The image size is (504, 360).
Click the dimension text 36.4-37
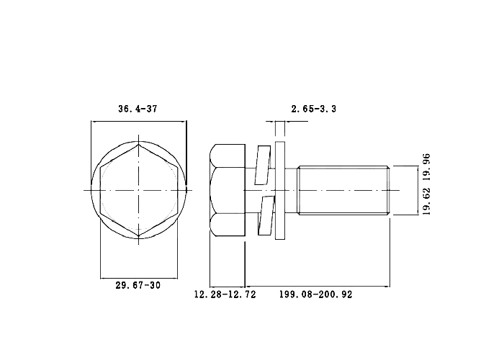point(138,109)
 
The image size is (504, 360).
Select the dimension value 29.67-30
point(138,285)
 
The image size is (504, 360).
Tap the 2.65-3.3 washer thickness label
point(314,109)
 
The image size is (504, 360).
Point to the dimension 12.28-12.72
point(225,294)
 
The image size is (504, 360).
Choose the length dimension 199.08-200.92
point(315,294)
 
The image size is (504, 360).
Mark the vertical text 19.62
point(426,201)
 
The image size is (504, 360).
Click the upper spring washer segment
point(263,165)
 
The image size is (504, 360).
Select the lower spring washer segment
point(266,216)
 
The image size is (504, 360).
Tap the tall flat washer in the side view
point(280,191)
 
